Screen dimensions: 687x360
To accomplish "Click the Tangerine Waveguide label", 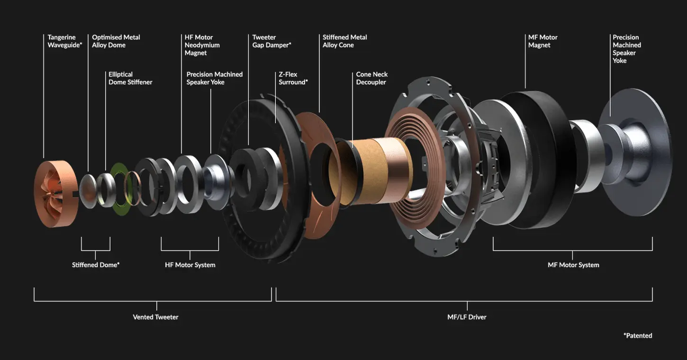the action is point(65,41).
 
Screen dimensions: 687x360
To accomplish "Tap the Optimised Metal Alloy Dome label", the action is point(116,41).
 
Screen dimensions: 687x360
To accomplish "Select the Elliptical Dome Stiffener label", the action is point(130,78).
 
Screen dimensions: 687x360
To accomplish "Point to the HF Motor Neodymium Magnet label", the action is point(202,45).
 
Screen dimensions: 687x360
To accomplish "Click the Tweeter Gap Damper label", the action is point(272,41).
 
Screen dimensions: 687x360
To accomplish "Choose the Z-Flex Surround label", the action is point(293,78).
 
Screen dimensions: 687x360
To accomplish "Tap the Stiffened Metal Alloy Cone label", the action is point(345,41).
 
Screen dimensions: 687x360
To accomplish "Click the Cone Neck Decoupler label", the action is point(372,78).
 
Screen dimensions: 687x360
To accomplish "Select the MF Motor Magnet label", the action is point(542,41).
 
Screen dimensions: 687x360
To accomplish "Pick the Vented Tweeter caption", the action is point(155,317).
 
